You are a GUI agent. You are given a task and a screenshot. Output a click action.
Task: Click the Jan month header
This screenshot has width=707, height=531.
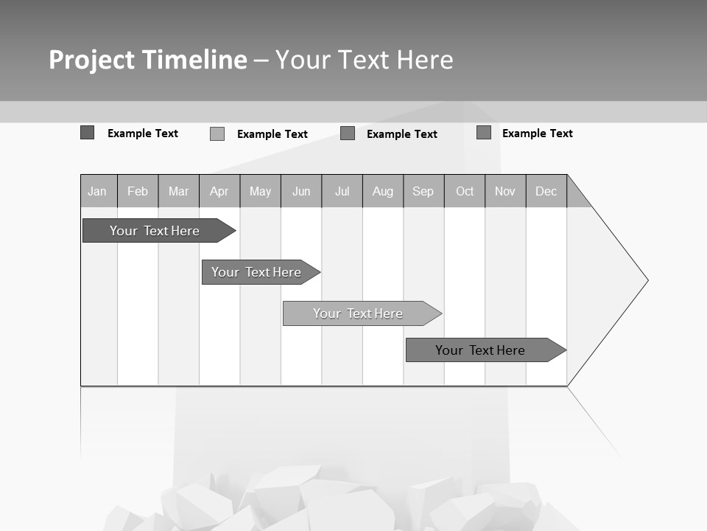click(97, 192)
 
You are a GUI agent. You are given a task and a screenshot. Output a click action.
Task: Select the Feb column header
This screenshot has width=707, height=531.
click(138, 192)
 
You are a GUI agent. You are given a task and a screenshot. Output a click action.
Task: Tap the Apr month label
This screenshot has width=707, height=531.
click(219, 192)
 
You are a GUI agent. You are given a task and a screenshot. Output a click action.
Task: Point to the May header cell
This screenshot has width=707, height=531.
click(260, 192)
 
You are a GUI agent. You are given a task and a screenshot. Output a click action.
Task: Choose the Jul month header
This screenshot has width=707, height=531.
click(342, 192)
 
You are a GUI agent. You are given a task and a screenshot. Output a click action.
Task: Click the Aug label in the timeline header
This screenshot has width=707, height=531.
click(382, 192)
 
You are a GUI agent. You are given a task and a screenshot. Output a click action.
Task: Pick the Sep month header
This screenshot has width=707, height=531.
click(423, 192)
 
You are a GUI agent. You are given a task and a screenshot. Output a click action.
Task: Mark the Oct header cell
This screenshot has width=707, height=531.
click(465, 192)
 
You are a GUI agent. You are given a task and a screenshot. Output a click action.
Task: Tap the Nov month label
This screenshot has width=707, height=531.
click(505, 192)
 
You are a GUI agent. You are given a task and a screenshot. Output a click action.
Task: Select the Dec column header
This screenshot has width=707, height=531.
click(546, 192)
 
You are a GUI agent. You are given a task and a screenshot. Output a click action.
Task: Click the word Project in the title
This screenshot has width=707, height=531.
click(91, 60)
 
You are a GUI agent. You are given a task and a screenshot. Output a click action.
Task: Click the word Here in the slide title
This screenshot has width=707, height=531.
click(425, 60)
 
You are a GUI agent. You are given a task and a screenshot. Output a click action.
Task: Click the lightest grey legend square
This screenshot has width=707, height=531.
click(217, 134)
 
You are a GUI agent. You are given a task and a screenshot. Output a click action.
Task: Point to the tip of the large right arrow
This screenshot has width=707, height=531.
click(647, 280)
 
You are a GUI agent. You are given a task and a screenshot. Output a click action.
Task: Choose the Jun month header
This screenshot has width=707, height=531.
click(301, 192)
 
